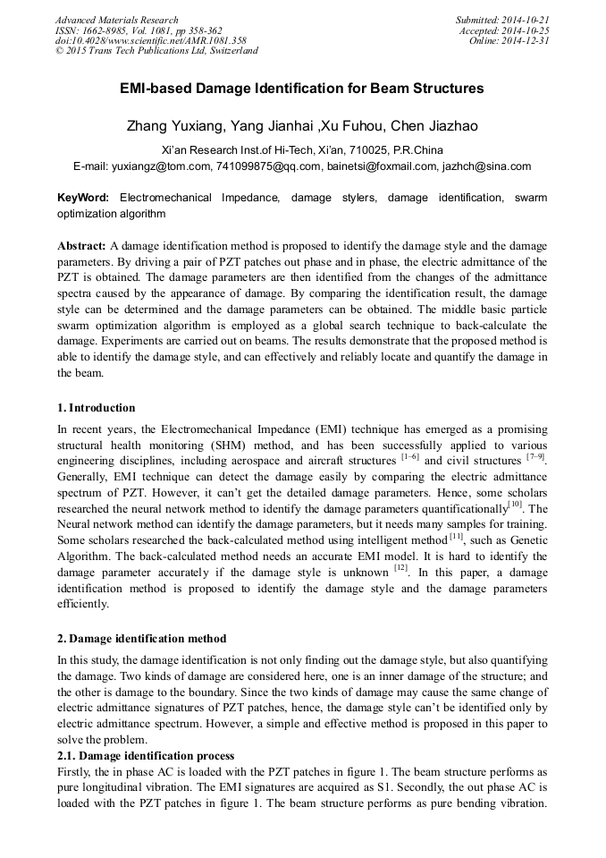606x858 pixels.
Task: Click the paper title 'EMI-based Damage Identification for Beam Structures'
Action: (302, 89)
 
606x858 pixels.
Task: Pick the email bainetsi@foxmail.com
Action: (382, 166)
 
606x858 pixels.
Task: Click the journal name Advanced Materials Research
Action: (116, 20)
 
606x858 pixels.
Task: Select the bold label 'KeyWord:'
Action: (82, 197)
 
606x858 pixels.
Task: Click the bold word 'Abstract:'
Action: (81, 245)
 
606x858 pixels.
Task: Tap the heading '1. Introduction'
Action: (97, 408)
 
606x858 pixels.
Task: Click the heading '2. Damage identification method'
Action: (141, 639)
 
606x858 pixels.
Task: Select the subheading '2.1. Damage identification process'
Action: (146, 755)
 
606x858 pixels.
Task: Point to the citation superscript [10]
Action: (516, 504)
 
